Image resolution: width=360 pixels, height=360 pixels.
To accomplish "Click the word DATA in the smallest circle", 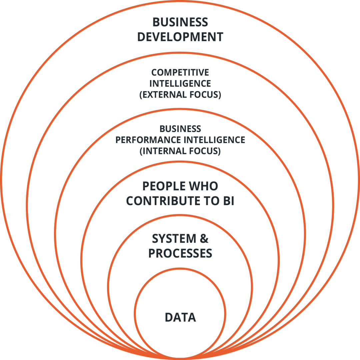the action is click(180, 317).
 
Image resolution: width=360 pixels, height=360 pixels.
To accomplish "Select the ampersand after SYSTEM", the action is click(204, 239).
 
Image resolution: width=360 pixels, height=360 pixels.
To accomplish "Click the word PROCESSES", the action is click(180, 253).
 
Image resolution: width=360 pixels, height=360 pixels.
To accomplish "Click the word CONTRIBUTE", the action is click(163, 201).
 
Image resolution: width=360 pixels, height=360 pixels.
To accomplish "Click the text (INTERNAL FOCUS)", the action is click(180, 151).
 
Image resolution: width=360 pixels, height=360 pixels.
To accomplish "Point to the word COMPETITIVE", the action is click(180, 72).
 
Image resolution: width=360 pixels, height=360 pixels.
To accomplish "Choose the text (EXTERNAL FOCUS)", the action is click(180, 95).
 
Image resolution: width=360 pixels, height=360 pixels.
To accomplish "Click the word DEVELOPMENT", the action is click(180, 37).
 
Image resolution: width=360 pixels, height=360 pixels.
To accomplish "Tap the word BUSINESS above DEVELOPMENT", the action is click(180, 22).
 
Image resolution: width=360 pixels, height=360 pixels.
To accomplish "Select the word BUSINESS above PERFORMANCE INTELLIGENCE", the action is click(180, 129).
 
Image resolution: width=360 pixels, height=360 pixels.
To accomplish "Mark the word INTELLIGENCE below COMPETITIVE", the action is click(180, 83).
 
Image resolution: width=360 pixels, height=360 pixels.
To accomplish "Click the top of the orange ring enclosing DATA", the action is click(180, 269).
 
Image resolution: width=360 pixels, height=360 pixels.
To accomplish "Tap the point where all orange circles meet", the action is click(180, 357).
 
